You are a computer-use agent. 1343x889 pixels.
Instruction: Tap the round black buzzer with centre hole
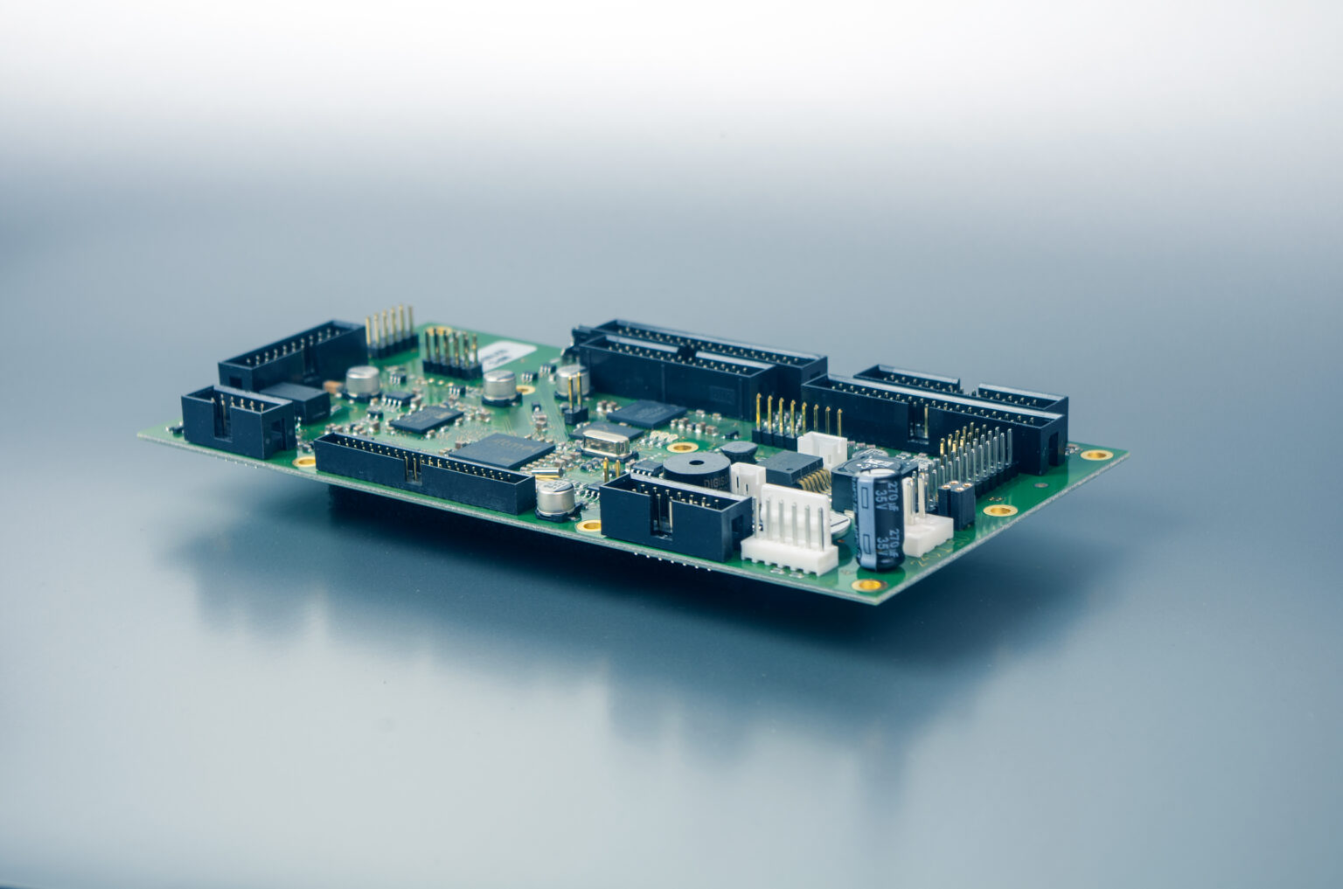(695, 473)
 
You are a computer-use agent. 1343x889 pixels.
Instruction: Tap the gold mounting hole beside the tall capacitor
(866, 585)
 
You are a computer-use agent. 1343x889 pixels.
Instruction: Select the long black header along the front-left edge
(423, 473)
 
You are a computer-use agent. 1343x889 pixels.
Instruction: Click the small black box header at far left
(236, 420)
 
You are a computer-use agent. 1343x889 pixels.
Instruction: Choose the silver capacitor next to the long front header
(554, 499)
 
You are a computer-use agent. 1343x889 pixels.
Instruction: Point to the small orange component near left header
(332, 385)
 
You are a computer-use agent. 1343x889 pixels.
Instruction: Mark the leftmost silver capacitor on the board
(362, 379)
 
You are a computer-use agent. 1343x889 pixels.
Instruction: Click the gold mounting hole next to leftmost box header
(304, 461)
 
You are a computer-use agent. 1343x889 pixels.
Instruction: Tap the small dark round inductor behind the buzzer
(741, 451)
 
